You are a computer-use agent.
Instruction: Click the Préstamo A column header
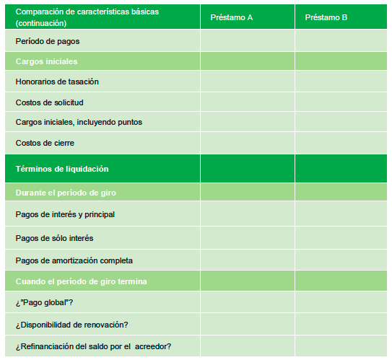[231, 17]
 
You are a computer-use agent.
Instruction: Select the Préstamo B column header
[326, 17]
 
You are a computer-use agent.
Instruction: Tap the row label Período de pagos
[48, 41]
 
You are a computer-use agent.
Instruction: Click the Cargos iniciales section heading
[46, 61]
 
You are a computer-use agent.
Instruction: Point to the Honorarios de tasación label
[57, 82]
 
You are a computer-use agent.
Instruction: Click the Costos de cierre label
[45, 143]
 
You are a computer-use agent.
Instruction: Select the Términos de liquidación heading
[61, 169]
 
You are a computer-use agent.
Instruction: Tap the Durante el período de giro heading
[66, 193]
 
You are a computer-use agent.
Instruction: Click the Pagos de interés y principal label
[65, 214]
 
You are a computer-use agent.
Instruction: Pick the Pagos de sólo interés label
[54, 237]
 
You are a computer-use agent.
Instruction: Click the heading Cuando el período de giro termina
[81, 281]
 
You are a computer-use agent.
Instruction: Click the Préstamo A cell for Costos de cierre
[247, 143]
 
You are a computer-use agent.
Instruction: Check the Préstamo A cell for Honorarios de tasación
[247, 82]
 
